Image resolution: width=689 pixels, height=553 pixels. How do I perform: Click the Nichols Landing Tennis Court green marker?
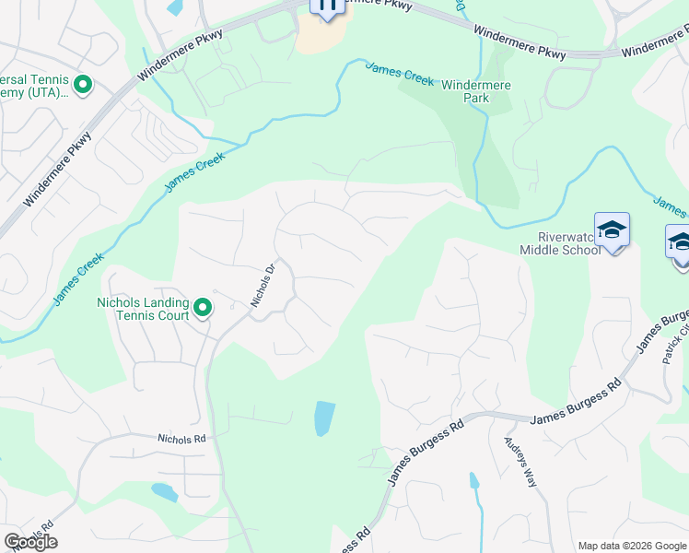click(203, 307)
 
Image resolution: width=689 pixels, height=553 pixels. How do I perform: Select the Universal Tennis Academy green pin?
click(83, 87)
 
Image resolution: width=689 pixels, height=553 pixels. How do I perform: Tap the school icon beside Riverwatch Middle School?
click(612, 230)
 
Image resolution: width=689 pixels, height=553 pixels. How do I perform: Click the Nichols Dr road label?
click(263, 286)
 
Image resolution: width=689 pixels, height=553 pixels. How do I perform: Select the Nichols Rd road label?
click(181, 440)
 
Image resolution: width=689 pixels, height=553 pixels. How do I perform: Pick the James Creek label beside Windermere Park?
click(400, 74)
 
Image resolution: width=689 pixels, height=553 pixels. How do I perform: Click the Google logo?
click(30, 542)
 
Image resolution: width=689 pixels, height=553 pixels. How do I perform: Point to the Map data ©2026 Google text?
click(632, 546)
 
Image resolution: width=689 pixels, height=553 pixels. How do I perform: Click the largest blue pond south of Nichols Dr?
click(324, 418)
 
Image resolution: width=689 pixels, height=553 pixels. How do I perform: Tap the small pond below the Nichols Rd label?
click(164, 491)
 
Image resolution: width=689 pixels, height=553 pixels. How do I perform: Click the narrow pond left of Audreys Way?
click(473, 480)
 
